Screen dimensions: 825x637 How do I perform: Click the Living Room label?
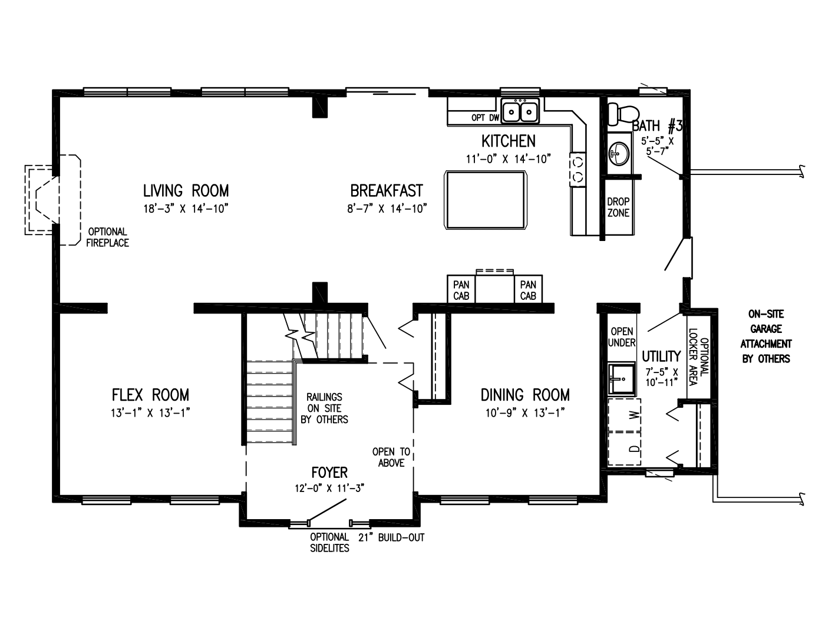[x=186, y=190]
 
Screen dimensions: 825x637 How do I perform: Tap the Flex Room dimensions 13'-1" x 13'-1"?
[x=150, y=412]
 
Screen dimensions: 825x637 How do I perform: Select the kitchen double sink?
[x=520, y=111]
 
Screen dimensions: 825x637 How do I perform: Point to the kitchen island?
[x=485, y=200]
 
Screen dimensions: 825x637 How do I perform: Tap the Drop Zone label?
[x=619, y=207]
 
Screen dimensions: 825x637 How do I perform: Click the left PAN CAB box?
[x=461, y=289]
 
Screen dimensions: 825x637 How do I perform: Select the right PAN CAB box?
[x=528, y=289]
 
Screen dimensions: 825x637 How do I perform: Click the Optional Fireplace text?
[x=107, y=237]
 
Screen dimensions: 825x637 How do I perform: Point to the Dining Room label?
[x=525, y=395]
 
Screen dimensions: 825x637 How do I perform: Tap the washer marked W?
[x=624, y=415]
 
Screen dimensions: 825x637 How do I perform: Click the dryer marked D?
[x=624, y=448]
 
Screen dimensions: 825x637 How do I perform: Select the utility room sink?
[x=622, y=379]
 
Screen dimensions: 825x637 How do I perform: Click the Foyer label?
[x=329, y=473]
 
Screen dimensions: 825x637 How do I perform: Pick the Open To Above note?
[x=391, y=457]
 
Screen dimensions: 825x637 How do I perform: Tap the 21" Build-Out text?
[x=391, y=537]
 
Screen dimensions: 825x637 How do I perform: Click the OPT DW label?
[x=485, y=118]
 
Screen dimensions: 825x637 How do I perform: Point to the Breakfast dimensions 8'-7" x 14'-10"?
[x=387, y=209]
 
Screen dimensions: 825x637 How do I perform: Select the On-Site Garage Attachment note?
[x=765, y=336]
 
